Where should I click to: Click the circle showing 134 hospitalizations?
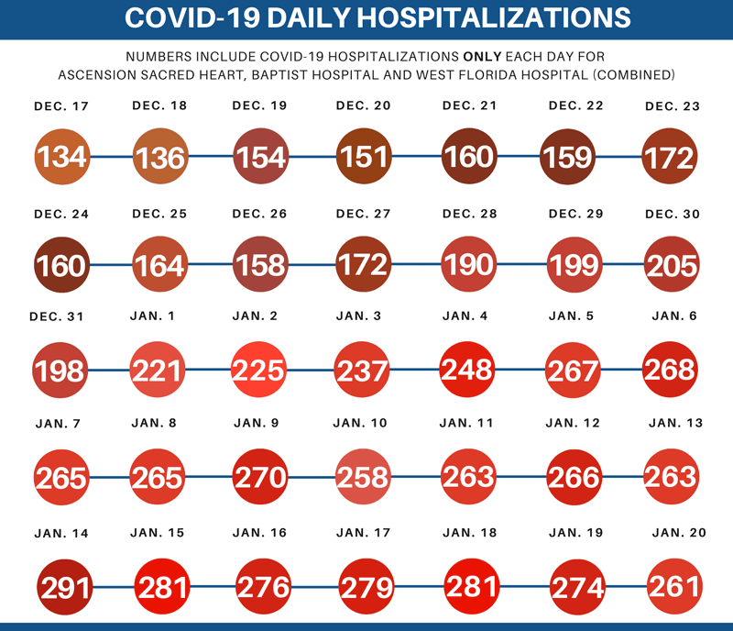(x=62, y=156)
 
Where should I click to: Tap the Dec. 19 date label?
(x=260, y=105)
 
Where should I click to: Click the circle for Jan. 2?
(x=260, y=371)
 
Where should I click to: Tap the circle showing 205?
(x=672, y=264)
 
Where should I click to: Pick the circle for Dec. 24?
(x=60, y=264)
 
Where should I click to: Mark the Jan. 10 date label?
(x=362, y=423)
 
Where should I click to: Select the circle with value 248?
(x=468, y=370)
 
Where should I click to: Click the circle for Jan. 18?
(x=471, y=585)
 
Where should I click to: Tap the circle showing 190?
(x=469, y=264)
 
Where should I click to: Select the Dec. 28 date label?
(x=469, y=214)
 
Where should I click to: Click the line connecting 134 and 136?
(x=112, y=157)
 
